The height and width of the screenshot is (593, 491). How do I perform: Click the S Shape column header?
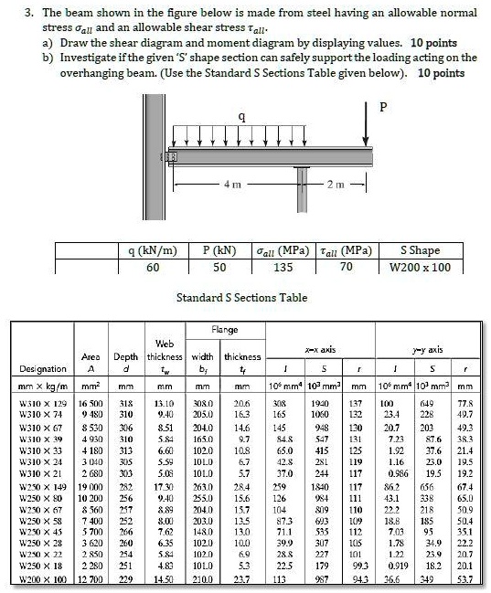(420, 249)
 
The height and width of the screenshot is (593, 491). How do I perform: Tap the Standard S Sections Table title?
(242, 298)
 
